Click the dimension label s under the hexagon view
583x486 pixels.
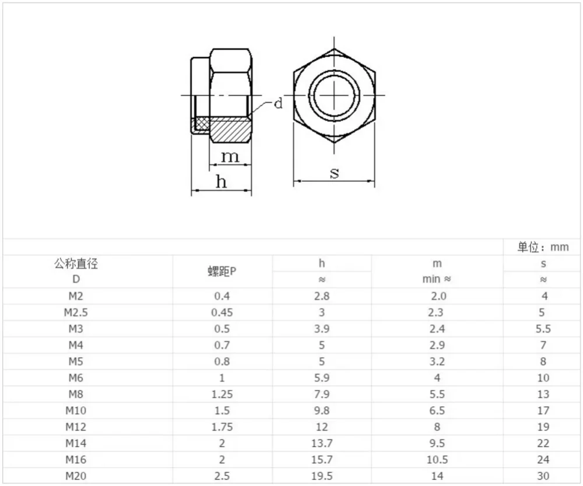(335, 172)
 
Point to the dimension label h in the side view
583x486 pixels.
(221, 182)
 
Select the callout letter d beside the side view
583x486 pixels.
(278, 104)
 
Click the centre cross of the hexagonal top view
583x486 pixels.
(334, 94)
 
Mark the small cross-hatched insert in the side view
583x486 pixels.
(201, 124)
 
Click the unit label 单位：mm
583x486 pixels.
(542, 247)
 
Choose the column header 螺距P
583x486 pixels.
(222, 271)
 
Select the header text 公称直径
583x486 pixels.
(76, 263)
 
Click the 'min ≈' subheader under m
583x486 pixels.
(437, 279)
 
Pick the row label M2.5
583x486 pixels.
(76, 312)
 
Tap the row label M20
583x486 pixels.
(76, 476)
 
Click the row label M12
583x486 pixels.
(76, 427)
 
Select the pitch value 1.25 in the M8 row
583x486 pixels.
(222, 394)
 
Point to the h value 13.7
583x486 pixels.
(322, 443)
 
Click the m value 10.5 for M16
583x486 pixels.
(437, 459)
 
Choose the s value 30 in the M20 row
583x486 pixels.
(543, 476)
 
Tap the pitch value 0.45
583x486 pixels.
(222, 312)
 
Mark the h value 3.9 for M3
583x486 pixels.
(322, 329)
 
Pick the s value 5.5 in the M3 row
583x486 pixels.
(543, 329)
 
